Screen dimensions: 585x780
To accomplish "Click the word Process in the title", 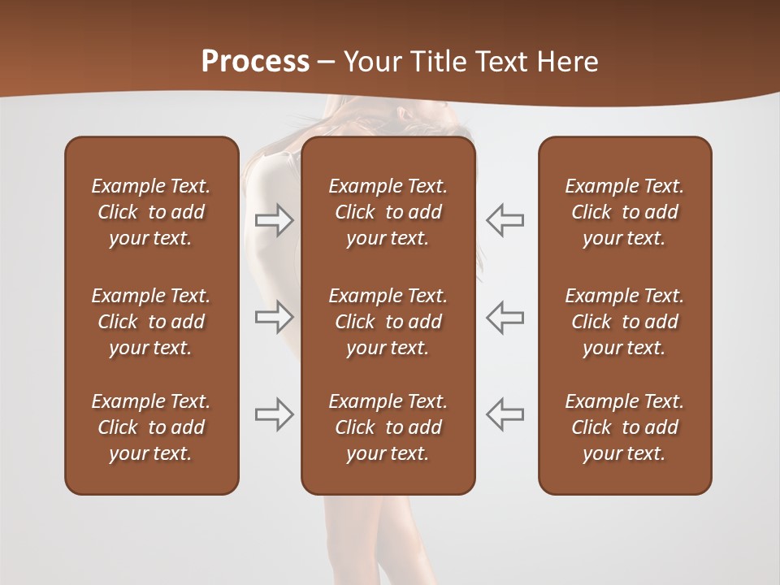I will (255, 62).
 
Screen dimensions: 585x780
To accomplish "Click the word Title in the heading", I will (435, 62).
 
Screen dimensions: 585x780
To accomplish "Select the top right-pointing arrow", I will (275, 220).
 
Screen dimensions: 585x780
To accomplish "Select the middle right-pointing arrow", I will (275, 317).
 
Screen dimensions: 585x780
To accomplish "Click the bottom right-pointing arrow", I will (275, 414).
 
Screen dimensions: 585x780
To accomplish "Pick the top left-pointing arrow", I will (505, 220).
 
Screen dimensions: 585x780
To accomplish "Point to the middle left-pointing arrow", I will (505, 317).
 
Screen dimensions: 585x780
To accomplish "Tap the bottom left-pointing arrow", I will (505, 414).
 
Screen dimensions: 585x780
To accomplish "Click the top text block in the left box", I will (151, 212).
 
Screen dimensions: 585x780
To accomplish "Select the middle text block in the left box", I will (151, 322).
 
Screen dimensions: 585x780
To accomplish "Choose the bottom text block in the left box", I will (151, 427).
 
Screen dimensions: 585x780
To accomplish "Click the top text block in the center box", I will (388, 212).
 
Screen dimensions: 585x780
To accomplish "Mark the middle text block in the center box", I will (388, 322).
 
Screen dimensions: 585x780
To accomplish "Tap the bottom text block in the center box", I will (388, 427).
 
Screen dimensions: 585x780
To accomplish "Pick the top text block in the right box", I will (625, 212).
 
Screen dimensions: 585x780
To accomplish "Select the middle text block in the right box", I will (625, 322).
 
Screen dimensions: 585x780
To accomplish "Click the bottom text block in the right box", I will (625, 427).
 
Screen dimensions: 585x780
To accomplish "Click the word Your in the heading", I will (370, 62).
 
